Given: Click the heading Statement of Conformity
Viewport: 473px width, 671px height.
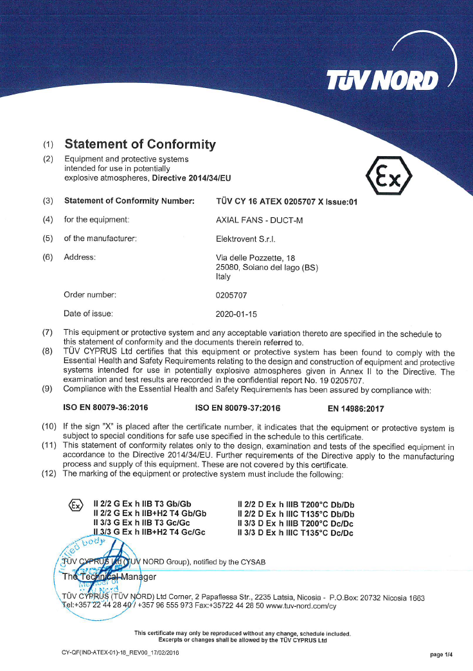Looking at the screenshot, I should click(140, 144).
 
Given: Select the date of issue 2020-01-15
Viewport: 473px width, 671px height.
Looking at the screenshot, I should click(236, 314).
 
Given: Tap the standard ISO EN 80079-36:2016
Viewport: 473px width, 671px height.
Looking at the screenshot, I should click(105, 407).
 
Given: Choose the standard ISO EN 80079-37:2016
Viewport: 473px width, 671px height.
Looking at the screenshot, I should click(237, 407).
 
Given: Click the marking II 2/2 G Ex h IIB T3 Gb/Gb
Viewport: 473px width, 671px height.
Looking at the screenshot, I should click(143, 504).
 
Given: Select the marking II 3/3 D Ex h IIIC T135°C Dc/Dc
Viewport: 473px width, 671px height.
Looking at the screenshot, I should click(296, 532).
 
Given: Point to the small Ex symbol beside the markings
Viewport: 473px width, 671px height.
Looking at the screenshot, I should click(75, 505).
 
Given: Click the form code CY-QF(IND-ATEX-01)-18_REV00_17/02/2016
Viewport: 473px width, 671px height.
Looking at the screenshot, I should click(120, 652).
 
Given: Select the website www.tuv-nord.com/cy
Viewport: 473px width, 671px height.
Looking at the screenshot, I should click(301, 606).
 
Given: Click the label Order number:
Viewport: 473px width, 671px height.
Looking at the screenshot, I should click(90, 295).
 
